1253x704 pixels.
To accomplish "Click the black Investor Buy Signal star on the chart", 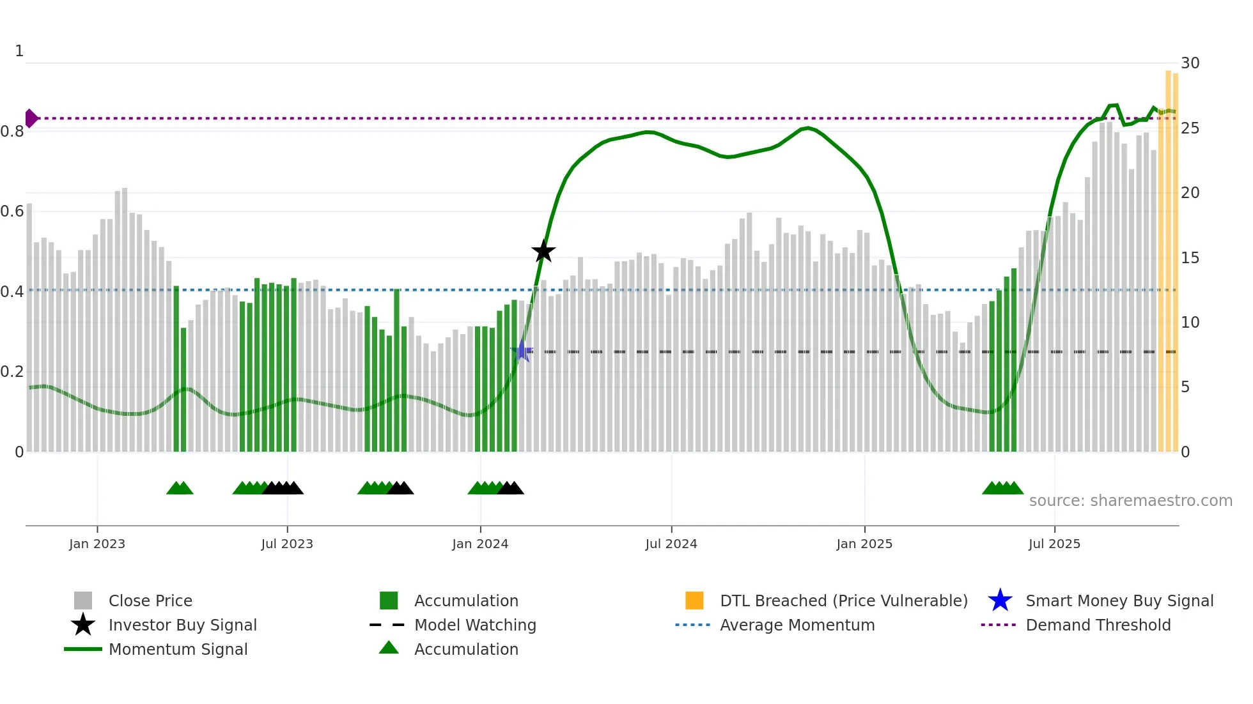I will point(543,251).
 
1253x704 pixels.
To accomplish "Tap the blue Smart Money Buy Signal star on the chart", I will point(522,351).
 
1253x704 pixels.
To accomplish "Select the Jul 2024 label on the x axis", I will point(671,544).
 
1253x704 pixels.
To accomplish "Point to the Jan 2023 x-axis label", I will point(97,544).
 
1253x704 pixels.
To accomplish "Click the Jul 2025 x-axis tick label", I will point(1054,544).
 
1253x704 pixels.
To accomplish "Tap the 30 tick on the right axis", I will point(1190,63).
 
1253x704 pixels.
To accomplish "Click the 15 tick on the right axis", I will point(1190,257).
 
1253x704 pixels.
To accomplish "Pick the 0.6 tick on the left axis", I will point(12,211).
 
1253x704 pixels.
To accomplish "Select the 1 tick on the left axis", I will point(19,51).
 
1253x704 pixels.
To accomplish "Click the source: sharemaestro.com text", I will point(1130,501).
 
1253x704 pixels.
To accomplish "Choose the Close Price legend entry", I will point(150,601).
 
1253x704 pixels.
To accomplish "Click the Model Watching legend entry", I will point(475,625).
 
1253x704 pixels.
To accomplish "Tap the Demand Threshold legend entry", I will point(1098,625).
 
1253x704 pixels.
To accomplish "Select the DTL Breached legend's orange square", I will point(694,601).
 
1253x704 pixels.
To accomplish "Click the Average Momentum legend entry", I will point(797,625).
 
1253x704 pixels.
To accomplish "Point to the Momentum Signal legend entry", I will point(178,649).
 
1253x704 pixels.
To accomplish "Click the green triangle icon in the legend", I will point(389,648).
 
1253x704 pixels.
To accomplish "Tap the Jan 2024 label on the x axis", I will point(480,544).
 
